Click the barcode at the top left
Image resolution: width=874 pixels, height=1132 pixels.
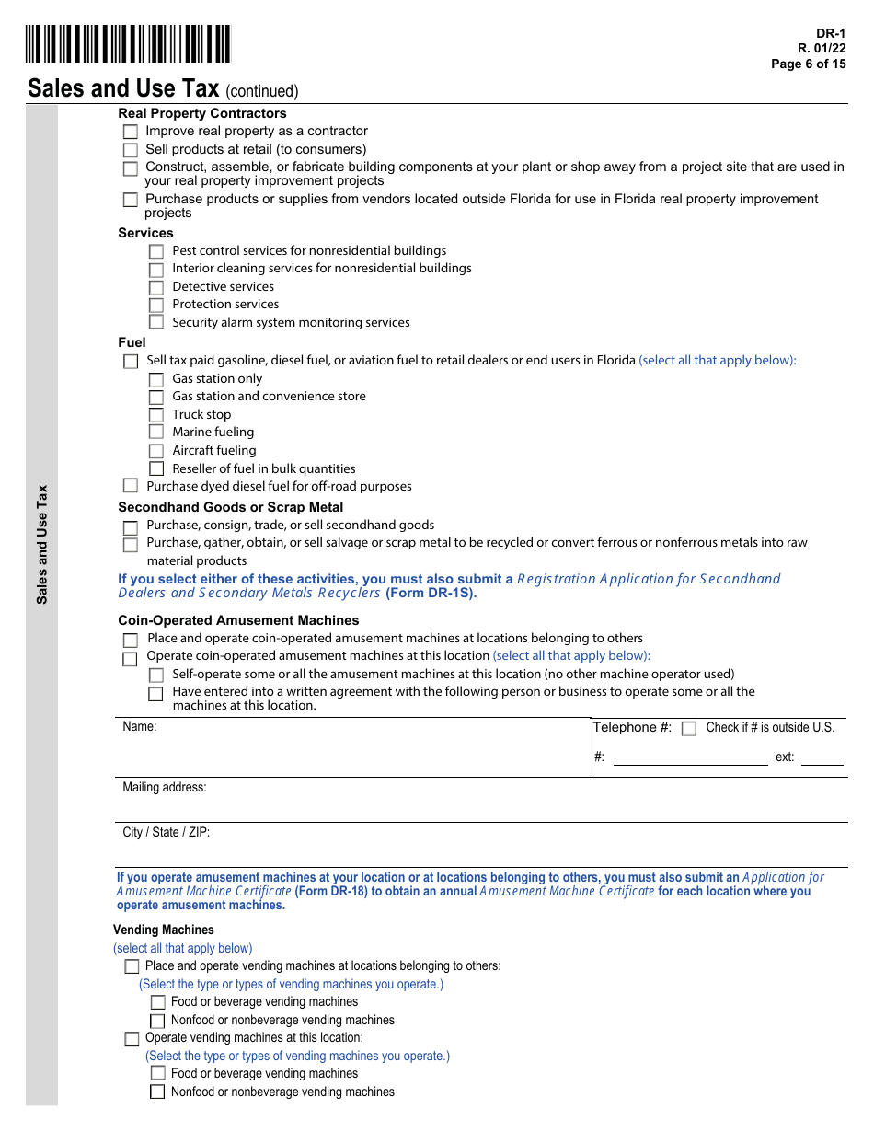click(x=128, y=44)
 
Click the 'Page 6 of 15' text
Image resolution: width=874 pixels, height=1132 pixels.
click(x=808, y=64)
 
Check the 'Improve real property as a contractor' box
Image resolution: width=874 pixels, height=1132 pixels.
click(x=131, y=132)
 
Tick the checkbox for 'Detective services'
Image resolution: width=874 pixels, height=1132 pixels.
click(x=156, y=287)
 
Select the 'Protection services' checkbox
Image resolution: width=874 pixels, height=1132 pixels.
click(x=156, y=305)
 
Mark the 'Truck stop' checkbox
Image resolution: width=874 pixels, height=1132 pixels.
click(x=156, y=415)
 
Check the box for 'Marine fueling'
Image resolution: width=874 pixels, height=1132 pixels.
click(x=156, y=433)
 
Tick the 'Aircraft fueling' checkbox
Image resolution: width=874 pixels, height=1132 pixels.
click(x=156, y=451)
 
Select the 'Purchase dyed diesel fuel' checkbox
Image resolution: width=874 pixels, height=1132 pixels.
click(x=131, y=487)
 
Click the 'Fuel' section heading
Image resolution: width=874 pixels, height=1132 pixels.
click(x=132, y=342)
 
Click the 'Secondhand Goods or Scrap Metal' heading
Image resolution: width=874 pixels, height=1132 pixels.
click(x=230, y=507)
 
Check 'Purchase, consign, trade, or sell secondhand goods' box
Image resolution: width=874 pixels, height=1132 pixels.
click(x=131, y=527)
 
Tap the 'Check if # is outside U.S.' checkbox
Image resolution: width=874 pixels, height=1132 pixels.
click(x=689, y=728)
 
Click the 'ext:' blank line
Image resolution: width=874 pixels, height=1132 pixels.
click(x=822, y=757)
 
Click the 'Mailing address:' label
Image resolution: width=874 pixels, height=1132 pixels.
click(x=165, y=787)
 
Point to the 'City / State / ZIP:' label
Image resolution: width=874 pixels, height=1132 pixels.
click(x=167, y=832)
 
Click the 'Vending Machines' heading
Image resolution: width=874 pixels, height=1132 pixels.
click(x=164, y=930)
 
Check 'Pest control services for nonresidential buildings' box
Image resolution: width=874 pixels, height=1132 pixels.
click(x=156, y=251)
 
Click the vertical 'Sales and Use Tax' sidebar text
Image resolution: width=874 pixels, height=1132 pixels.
click(x=41, y=544)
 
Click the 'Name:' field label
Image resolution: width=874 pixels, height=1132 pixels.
click(x=140, y=726)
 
